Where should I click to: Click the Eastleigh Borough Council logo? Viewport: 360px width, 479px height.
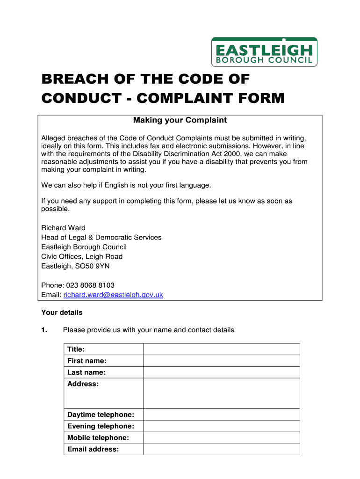click(264, 52)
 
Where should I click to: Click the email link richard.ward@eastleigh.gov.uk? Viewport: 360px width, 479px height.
click(113, 295)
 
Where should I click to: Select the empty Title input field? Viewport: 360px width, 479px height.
click(221, 349)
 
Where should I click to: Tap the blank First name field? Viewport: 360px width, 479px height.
click(221, 361)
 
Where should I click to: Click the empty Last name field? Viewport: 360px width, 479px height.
click(221, 372)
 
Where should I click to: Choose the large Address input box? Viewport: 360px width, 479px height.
click(221, 393)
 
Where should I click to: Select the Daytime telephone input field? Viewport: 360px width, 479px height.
click(221, 414)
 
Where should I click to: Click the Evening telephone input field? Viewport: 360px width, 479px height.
click(221, 426)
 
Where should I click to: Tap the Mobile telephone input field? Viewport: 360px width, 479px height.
click(221, 438)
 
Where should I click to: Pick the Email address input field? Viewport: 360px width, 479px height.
click(221, 450)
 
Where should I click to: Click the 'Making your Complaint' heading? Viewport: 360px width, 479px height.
click(180, 120)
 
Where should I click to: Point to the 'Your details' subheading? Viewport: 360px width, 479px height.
click(62, 312)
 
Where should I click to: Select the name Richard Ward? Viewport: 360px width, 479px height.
click(63, 228)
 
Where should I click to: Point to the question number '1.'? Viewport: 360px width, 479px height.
click(44, 330)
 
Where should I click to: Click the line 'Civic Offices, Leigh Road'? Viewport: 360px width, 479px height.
click(82, 256)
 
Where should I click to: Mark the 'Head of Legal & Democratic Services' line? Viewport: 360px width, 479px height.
click(101, 237)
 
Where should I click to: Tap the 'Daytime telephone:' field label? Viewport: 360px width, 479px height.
click(101, 414)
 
